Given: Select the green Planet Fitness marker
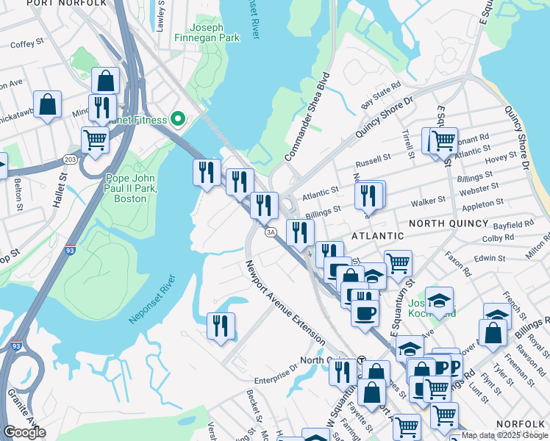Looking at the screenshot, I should tap(177, 118).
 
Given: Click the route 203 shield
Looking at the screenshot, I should tap(70, 159).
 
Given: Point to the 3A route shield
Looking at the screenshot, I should tap(270, 232).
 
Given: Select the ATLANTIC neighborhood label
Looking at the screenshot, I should tap(377, 236).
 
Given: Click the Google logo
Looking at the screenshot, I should tap(24, 432).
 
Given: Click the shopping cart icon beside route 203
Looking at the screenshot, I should tap(95, 140).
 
